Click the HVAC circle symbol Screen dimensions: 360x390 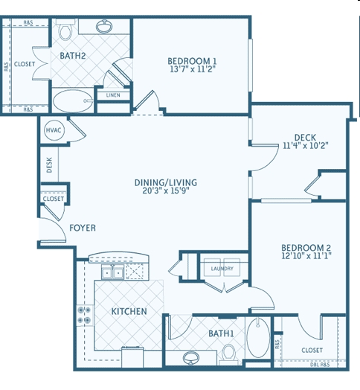(x=54, y=130)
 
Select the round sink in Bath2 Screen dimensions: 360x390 (x=104, y=26)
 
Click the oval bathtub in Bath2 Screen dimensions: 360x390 (x=73, y=101)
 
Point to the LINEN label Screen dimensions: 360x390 (x=113, y=95)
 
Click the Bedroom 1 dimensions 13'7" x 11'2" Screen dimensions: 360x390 (x=192, y=69)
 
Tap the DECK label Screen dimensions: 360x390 (x=305, y=137)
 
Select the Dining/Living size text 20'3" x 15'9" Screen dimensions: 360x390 (x=166, y=191)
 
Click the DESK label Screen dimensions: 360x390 (x=49, y=164)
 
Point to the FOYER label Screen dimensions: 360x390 (x=83, y=228)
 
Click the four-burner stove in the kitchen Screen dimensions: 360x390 (x=85, y=315)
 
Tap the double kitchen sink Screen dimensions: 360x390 (x=112, y=272)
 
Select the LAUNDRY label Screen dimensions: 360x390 (x=222, y=269)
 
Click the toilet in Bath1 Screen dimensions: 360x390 (x=228, y=354)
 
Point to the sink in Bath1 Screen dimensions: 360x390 (x=190, y=359)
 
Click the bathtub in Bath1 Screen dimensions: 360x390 (x=259, y=337)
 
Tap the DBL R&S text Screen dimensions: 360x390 (x=320, y=365)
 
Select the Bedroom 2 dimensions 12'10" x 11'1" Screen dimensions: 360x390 (x=306, y=256)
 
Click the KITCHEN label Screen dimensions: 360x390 (x=129, y=311)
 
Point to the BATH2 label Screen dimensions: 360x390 (x=73, y=56)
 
